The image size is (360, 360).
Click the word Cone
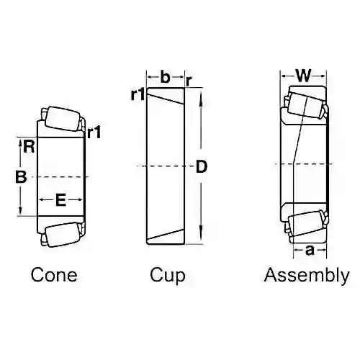tap(54, 275)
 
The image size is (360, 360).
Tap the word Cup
tap(168, 276)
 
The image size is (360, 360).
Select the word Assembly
tap(307, 276)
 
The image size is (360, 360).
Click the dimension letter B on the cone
tap(21, 177)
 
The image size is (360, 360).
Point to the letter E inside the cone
tap(60, 200)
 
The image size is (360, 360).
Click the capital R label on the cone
tap(29, 147)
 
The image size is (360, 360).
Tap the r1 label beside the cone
tap(94, 132)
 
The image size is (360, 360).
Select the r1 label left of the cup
tap(138, 94)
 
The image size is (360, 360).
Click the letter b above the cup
tap(165, 77)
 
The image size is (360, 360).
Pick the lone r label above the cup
tap(189, 81)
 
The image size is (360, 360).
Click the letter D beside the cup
tap(202, 166)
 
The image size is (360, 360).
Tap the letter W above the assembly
tap(304, 76)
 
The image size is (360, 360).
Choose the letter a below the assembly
tap(310, 251)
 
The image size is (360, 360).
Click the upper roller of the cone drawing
tap(63, 120)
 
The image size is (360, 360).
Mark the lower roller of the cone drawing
tap(63, 234)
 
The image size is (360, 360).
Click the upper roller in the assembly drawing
tap(305, 106)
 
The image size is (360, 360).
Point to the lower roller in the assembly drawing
tap(305, 223)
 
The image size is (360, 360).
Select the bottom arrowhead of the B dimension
tap(21, 210)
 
